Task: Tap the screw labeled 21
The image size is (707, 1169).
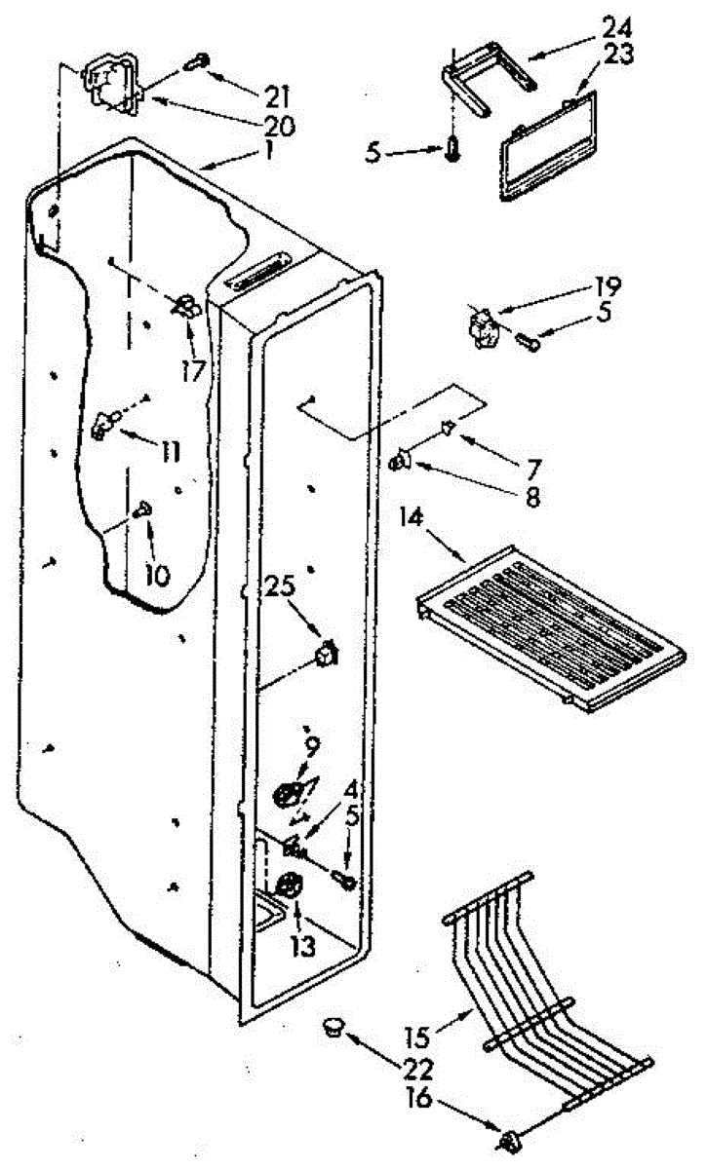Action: pyautogui.click(x=196, y=60)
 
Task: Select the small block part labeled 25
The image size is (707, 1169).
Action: pyautogui.click(x=327, y=651)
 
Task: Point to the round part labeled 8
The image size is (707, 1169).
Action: pyautogui.click(x=401, y=463)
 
